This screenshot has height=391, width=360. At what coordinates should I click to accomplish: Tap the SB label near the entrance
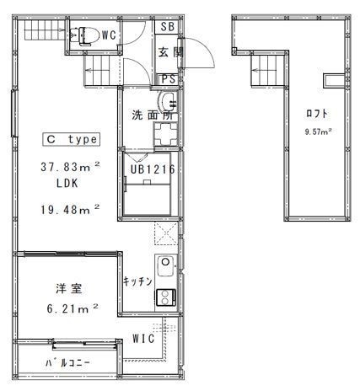click(x=168, y=27)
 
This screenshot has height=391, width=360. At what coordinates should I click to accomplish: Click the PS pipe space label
click(x=169, y=79)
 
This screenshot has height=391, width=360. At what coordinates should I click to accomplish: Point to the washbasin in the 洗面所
click(x=167, y=101)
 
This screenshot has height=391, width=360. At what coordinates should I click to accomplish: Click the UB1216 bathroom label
click(x=153, y=169)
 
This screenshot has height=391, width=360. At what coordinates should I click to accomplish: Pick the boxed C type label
click(x=72, y=140)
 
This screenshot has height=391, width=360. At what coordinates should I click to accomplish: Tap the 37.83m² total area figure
click(x=70, y=167)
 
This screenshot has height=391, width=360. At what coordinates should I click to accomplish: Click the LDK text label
click(x=67, y=184)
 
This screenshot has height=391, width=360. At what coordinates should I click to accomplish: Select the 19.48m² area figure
click(x=70, y=209)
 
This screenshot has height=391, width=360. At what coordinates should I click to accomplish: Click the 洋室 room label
click(x=69, y=289)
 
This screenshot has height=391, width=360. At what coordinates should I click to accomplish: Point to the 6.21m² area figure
click(x=73, y=308)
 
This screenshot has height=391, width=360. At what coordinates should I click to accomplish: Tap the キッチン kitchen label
click(x=137, y=281)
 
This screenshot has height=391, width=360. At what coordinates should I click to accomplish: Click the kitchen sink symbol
click(x=166, y=266)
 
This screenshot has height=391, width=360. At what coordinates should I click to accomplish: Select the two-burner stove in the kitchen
click(x=166, y=297)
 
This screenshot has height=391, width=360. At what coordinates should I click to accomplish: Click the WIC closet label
click(x=143, y=339)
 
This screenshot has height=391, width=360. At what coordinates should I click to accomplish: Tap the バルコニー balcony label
click(x=67, y=362)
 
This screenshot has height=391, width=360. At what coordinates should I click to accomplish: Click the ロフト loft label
click(x=317, y=114)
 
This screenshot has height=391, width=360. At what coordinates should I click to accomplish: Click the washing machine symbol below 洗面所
click(x=166, y=135)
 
